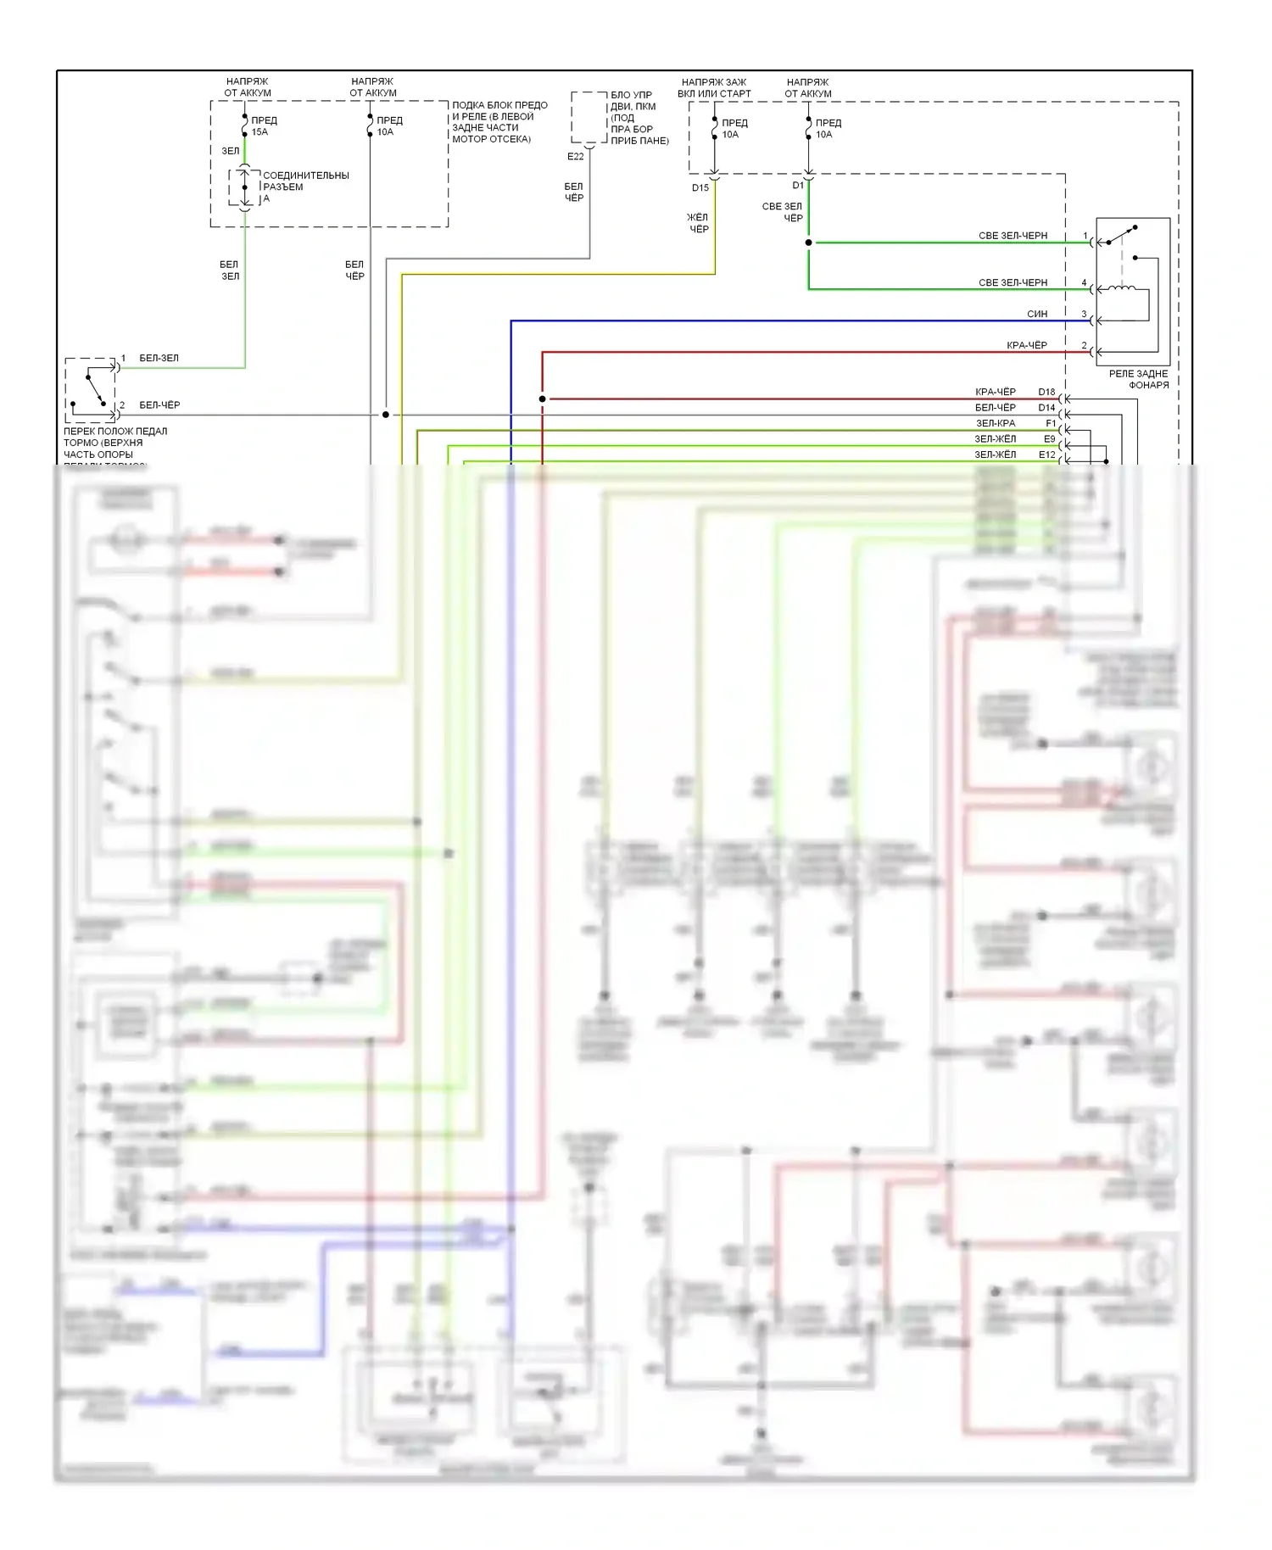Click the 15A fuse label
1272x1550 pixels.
pos(260,132)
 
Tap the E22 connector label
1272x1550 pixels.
pos(576,157)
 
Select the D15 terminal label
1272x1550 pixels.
pos(700,188)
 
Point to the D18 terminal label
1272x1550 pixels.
pos(1046,393)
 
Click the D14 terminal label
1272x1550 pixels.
pos(1046,408)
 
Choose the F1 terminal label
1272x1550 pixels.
pos(1051,423)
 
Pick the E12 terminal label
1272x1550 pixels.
pos(1047,454)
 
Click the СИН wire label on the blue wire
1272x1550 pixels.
pos(1037,315)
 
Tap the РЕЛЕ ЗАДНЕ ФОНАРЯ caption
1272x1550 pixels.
pos(1138,379)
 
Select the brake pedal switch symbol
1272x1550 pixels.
pos(92,389)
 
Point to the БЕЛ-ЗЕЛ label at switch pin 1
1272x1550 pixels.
pos(159,359)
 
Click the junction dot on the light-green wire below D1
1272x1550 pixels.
pos(809,243)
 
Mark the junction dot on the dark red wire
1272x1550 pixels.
pos(543,399)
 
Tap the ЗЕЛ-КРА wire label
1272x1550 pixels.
pos(996,423)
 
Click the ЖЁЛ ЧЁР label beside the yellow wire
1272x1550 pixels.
pos(698,223)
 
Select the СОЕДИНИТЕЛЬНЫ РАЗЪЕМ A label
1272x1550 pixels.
pos(304,187)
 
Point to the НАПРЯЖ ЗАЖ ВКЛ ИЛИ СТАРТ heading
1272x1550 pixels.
pos(714,88)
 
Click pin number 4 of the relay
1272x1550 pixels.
pos(1084,283)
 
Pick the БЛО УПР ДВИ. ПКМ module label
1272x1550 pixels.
pos(639,117)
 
